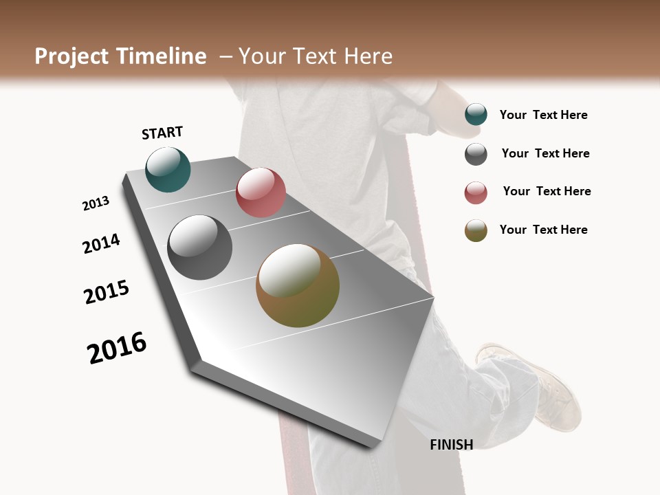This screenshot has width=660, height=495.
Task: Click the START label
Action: [x=162, y=133]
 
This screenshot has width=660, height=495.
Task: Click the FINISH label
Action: [x=451, y=445]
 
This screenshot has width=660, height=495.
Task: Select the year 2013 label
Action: [x=96, y=203]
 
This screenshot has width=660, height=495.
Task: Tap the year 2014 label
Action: [x=101, y=243]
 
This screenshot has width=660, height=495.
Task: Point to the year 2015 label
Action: [x=107, y=292]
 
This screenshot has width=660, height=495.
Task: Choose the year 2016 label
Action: [x=117, y=348]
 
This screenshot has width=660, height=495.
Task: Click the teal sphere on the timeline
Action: [x=168, y=169]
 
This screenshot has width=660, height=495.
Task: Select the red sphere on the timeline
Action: [x=261, y=192]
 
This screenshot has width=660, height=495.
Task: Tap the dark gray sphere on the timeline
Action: [x=200, y=247]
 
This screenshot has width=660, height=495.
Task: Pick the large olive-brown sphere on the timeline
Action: [x=298, y=285]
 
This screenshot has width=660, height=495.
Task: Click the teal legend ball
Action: [x=476, y=114]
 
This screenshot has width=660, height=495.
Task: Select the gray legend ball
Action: [x=476, y=154]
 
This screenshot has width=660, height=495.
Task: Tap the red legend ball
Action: [x=476, y=192]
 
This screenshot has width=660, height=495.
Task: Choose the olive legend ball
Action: [x=476, y=230]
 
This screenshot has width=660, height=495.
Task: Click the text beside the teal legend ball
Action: [x=543, y=115]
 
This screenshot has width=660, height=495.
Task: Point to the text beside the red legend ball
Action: [x=547, y=191]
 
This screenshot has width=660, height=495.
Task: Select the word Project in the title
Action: [x=70, y=56]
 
